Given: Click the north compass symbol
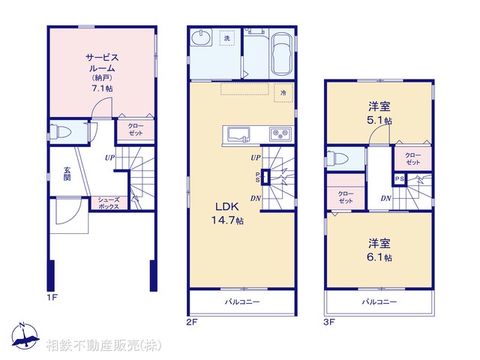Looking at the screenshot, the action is tap(25, 336).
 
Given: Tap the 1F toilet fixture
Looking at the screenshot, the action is tap(60, 132).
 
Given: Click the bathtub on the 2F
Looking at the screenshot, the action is tap(282, 54).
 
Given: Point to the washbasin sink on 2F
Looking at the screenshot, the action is tap(201, 38).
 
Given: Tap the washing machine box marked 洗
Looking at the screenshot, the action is tap(226, 38).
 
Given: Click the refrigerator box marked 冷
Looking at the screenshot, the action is tap(283, 92).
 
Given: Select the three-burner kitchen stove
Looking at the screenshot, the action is tap(280, 133).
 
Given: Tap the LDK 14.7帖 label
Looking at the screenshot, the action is tap(228, 213).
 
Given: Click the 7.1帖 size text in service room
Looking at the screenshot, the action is tap(102, 88).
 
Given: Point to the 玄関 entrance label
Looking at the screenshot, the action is tap(67, 173).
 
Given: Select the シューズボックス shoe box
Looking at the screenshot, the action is tap(109, 203).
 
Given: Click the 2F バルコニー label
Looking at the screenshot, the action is tap(242, 302).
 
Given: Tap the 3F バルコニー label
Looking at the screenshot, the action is tap(379, 302).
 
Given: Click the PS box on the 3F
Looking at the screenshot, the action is tap(399, 179).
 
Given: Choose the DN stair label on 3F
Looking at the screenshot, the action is tap(386, 198).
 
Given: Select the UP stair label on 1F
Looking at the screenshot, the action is tap(109, 157).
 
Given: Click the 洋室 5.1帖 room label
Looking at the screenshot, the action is tap(379, 113).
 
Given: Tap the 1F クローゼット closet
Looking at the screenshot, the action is tap(136, 130).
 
